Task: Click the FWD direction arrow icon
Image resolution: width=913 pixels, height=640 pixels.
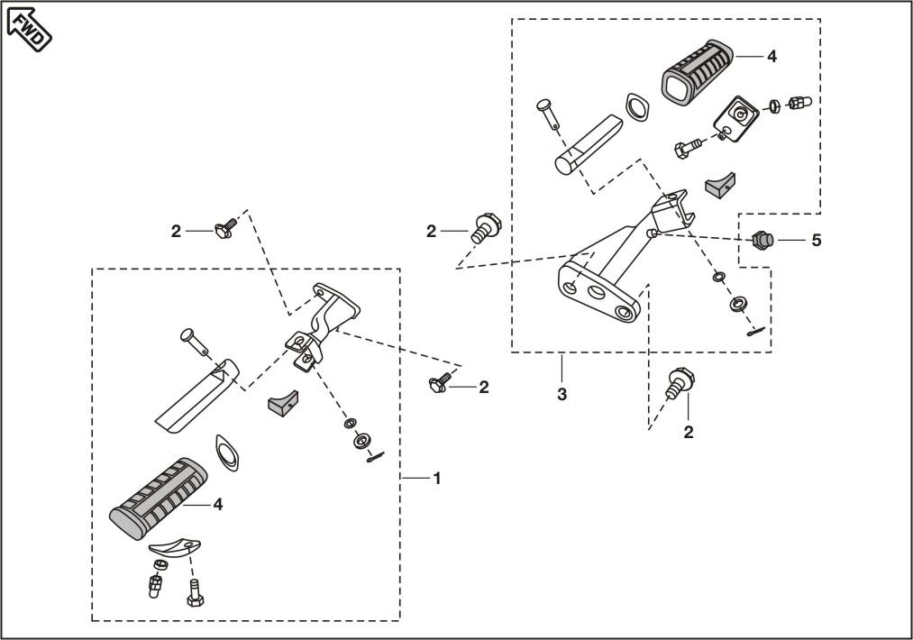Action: (30, 28)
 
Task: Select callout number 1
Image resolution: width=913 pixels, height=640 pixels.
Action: (437, 478)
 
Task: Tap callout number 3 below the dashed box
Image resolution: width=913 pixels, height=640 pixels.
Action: (561, 394)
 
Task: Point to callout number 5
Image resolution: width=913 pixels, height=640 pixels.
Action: (817, 241)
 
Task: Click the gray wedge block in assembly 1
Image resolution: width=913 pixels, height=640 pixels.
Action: (282, 400)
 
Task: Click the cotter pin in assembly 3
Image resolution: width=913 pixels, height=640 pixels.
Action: (755, 333)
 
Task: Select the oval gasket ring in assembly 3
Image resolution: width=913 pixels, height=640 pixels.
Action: (635, 107)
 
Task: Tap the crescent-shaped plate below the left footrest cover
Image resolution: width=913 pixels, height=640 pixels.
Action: (175, 546)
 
